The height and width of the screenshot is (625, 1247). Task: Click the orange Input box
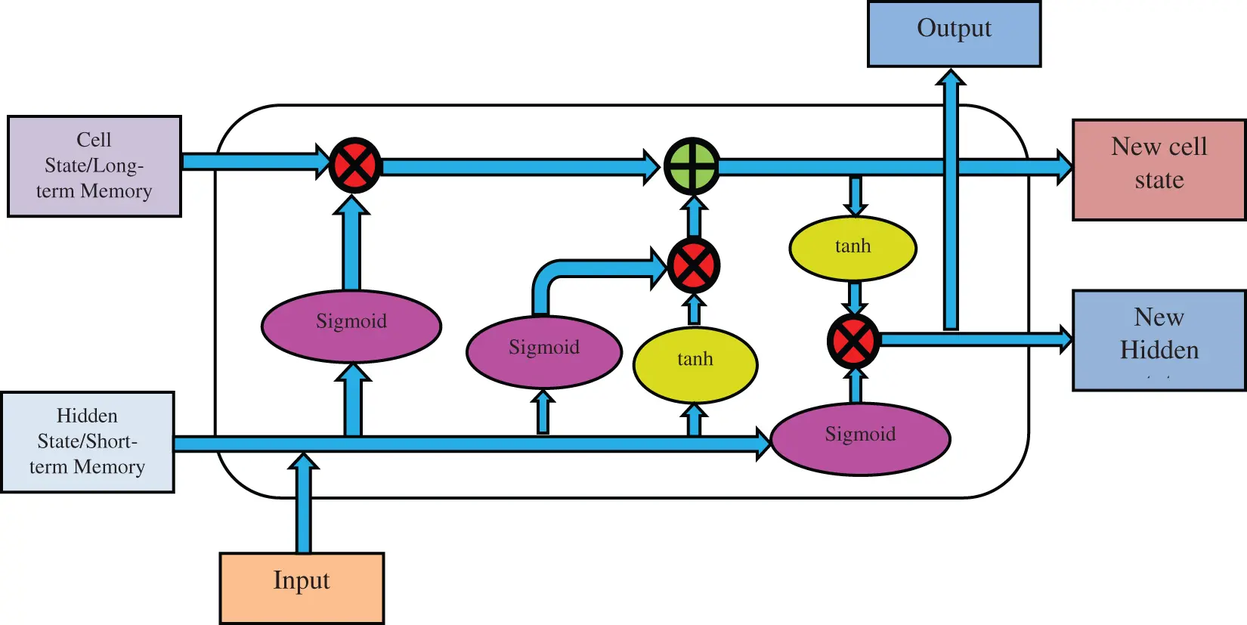302,587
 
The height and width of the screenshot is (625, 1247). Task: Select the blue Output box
954,34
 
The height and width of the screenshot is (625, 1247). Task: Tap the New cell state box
1159,170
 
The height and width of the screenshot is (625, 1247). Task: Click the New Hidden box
1159,340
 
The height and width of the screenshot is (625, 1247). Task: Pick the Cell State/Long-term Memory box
94,166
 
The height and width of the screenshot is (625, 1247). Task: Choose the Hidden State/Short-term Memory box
88,442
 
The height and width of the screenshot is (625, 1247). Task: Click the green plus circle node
692,166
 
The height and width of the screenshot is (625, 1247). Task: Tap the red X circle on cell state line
355,166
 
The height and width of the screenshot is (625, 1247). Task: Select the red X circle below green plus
693,265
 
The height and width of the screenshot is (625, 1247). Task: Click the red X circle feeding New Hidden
853,342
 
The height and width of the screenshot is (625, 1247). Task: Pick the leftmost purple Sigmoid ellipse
351,326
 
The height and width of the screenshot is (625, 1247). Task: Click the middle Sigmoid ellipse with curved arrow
544,351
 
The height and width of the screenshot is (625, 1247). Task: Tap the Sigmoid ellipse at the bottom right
860,438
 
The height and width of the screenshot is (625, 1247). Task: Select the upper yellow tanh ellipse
852,248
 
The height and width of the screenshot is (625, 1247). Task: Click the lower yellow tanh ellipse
695,364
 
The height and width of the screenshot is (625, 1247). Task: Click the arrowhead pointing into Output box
951,78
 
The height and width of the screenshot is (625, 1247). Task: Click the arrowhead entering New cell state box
1063,167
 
